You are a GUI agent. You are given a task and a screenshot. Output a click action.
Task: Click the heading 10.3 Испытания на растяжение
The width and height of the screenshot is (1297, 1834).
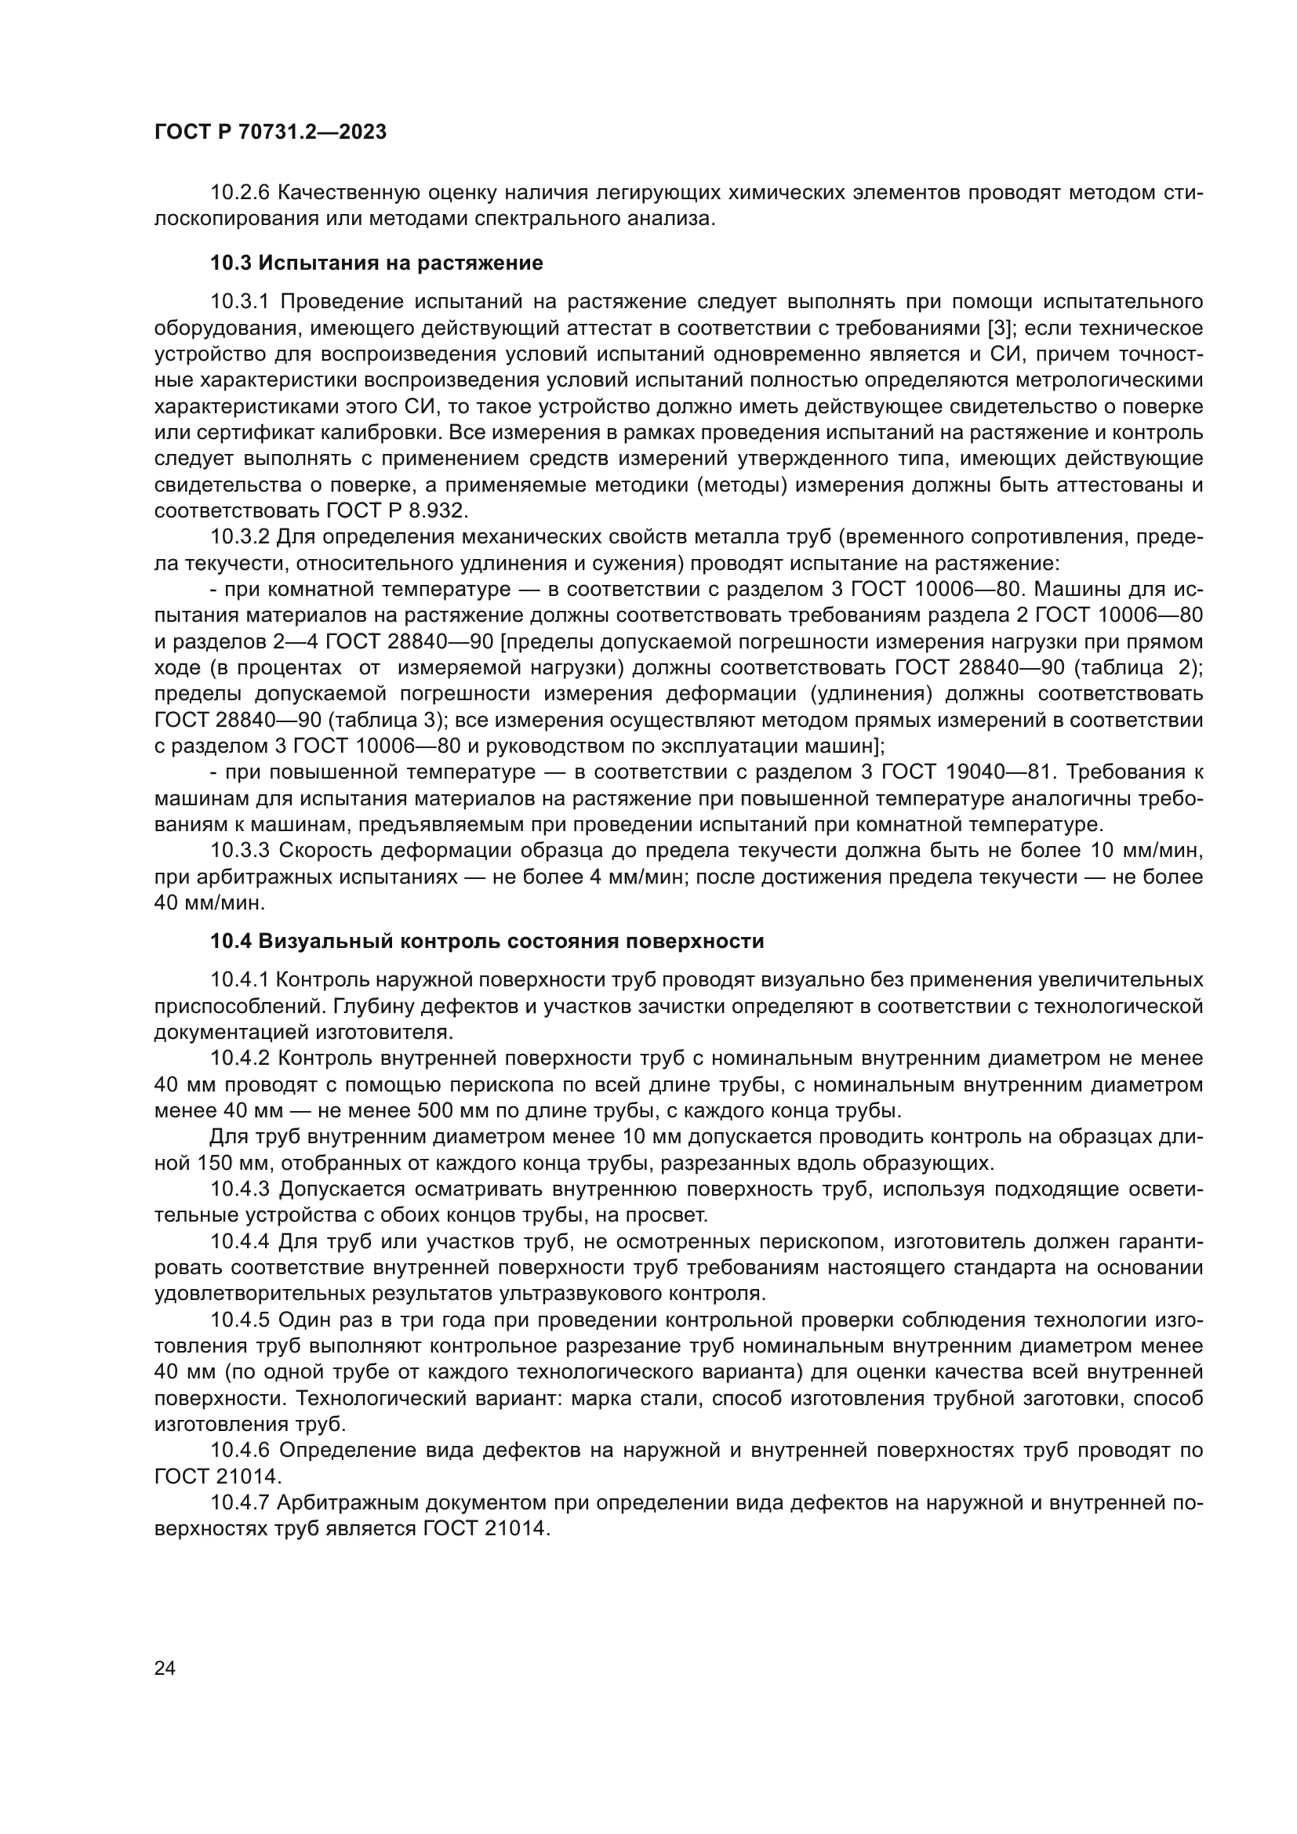(376, 263)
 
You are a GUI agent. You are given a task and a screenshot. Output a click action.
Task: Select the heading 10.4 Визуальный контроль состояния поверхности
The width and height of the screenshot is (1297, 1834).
(487, 941)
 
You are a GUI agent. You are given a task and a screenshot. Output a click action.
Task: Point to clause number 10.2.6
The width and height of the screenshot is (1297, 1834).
(240, 193)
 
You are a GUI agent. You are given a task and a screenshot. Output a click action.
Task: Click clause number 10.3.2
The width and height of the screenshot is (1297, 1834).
(241, 537)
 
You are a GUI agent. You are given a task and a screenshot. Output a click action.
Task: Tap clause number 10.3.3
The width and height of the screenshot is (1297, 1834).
(241, 850)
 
